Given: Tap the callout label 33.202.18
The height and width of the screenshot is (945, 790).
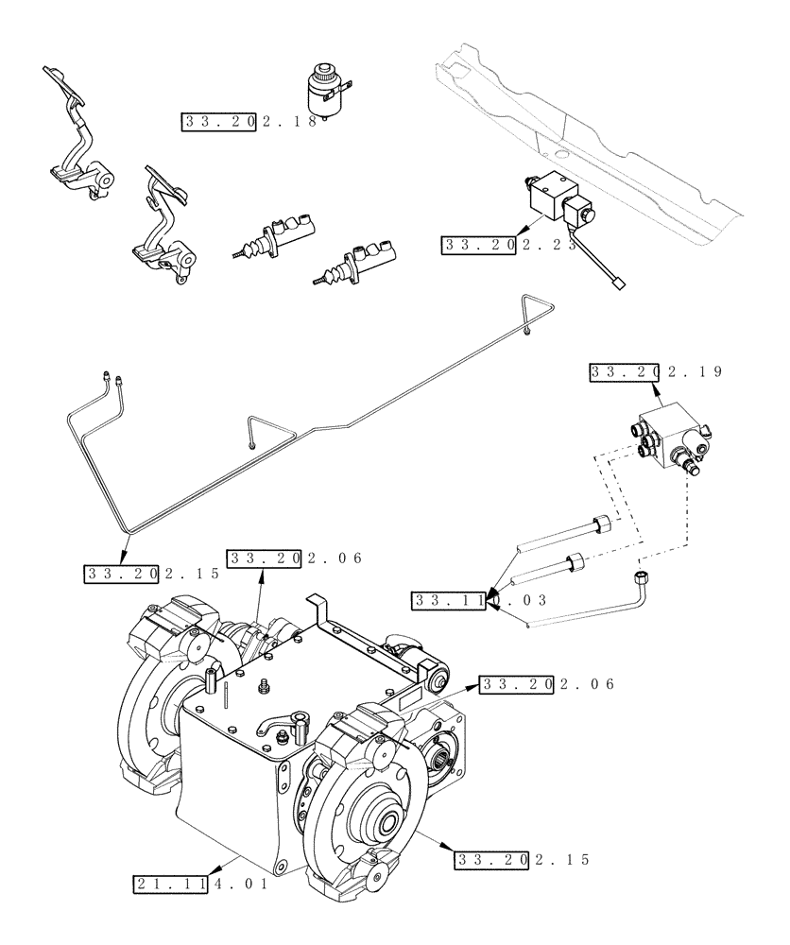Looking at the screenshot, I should pyautogui.click(x=249, y=122).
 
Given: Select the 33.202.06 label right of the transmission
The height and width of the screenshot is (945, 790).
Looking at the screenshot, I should pyautogui.click(x=547, y=684).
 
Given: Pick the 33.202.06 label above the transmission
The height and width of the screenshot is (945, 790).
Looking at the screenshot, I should pyautogui.click(x=295, y=558).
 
